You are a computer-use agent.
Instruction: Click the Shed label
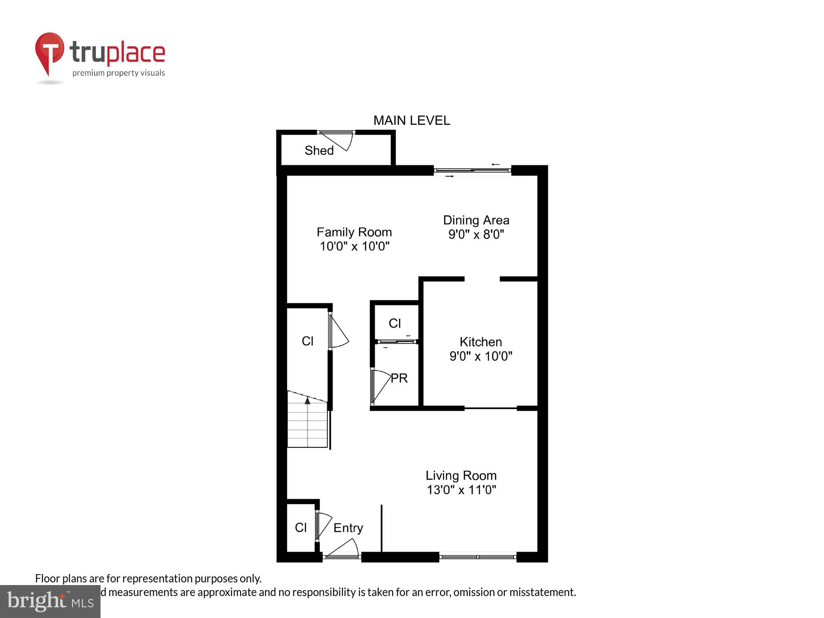319,150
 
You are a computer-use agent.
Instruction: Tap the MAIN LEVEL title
411,120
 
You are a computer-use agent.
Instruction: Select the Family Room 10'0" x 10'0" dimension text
354,246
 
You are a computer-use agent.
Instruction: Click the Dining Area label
476,220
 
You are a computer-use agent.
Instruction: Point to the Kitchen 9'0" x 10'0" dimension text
480,356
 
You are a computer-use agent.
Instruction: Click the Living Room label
461,475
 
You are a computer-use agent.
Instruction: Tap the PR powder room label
399,378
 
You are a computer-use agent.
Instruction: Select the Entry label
348,528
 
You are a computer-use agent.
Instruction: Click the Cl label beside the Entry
301,528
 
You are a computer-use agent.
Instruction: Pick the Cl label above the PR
395,323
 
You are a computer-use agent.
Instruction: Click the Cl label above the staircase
307,341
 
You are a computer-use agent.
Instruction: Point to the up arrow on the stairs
307,400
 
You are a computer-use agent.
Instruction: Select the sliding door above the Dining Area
472,170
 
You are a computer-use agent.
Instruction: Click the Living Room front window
478,557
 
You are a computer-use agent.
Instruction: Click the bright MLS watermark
50,602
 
